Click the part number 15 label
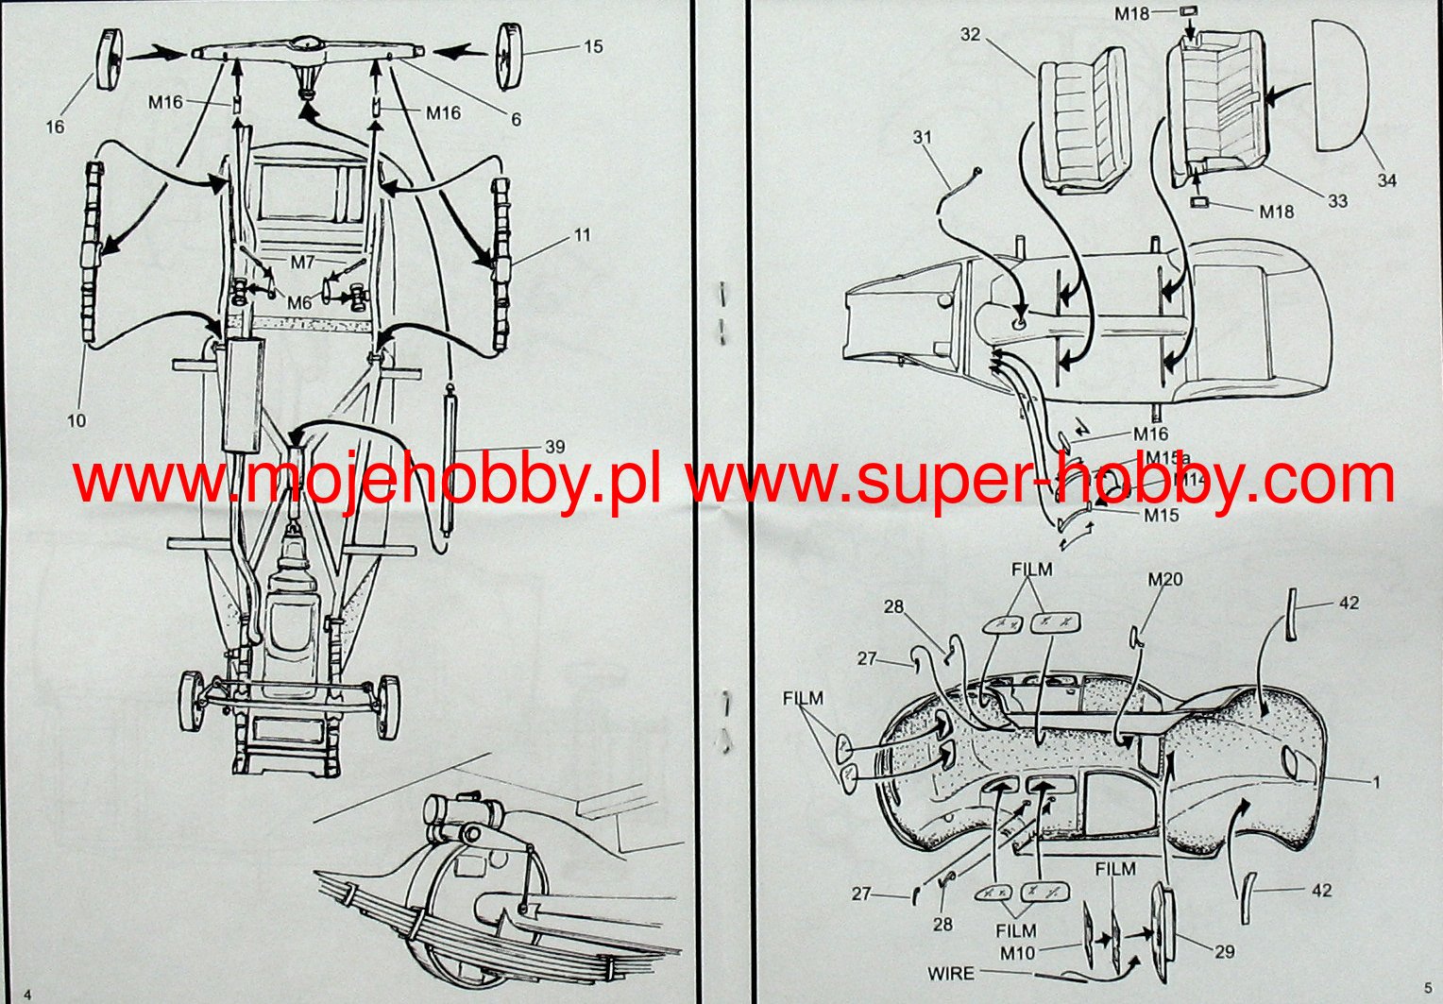[x=593, y=46]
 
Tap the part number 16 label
[x=55, y=127]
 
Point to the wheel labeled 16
[x=110, y=59]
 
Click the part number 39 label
[x=554, y=447]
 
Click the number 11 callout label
[x=582, y=234]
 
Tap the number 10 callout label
[x=76, y=420]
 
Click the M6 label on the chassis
[x=299, y=303]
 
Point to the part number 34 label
[x=1385, y=179]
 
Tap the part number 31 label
[x=922, y=137]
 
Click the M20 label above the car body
[x=1164, y=579]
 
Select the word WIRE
[x=951, y=973]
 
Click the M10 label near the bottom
[x=1017, y=953]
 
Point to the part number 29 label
[x=1224, y=952]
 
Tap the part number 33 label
[x=1337, y=201]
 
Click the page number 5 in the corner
[x=1427, y=989]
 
